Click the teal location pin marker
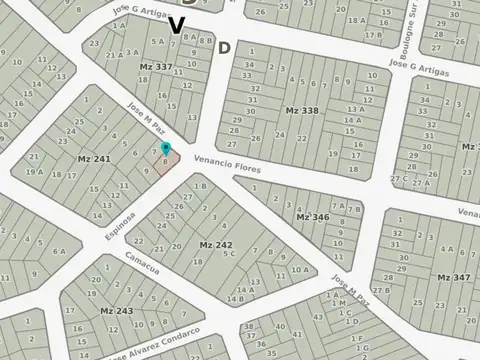click(166, 149)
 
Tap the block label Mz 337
click(156, 67)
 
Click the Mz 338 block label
click(301, 110)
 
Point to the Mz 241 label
click(94, 158)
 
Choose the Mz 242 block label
click(215, 244)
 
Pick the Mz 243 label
click(116, 311)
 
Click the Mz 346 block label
click(312, 216)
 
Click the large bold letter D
click(224, 47)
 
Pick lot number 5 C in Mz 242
click(230, 254)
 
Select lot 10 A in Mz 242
click(298, 270)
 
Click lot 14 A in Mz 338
click(352, 120)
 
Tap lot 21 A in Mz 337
click(112, 55)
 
